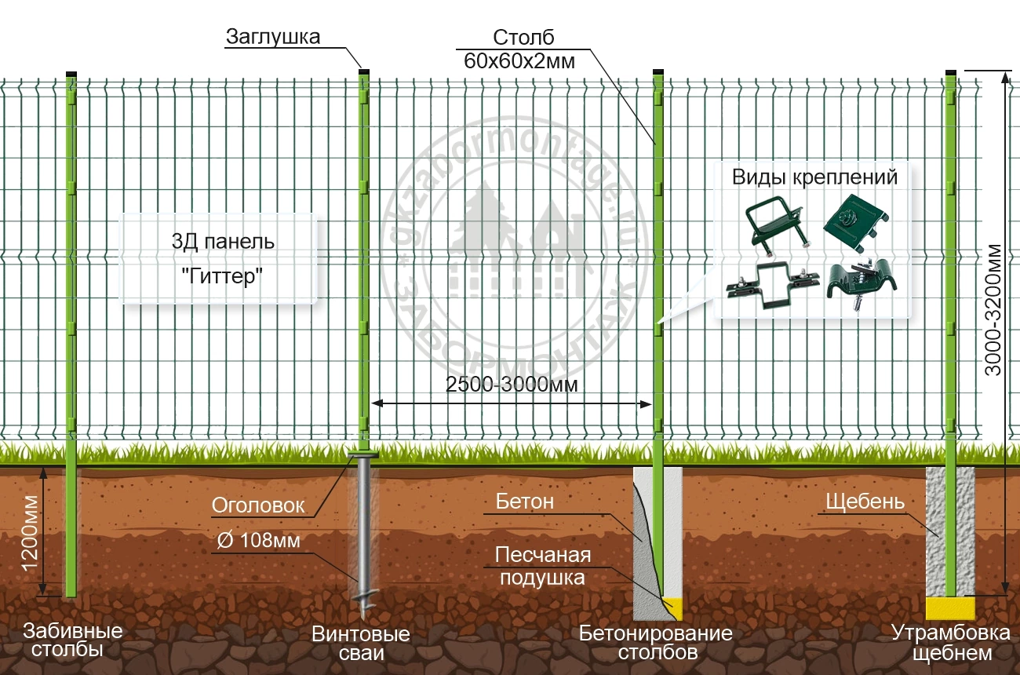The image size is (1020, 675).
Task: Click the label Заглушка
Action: pyautogui.click(x=273, y=37)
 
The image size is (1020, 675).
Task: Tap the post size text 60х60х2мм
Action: pyautogui.click(x=520, y=61)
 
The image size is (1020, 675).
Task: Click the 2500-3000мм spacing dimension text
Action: pyautogui.click(x=512, y=385)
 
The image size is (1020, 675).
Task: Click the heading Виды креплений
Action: pyautogui.click(x=814, y=177)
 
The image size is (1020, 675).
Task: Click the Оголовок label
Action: pyautogui.click(x=258, y=506)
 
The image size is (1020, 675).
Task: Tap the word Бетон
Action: pyautogui.click(x=525, y=502)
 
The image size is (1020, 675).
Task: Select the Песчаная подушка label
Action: pyautogui.click(x=542, y=567)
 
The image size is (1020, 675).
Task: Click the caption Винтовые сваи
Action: pyautogui.click(x=361, y=644)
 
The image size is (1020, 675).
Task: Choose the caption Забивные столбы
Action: pyautogui.click(x=72, y=640)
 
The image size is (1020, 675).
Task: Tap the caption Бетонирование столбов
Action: pyautogui.click(x=655, y=642)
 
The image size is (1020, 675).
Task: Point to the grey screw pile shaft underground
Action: pyautogui.click(x=364, y=526)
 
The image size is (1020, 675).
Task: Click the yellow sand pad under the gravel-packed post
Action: pyautogui.click(x=950, y=607)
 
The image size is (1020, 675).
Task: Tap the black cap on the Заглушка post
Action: pyautogui.click(x=364, y=71)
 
